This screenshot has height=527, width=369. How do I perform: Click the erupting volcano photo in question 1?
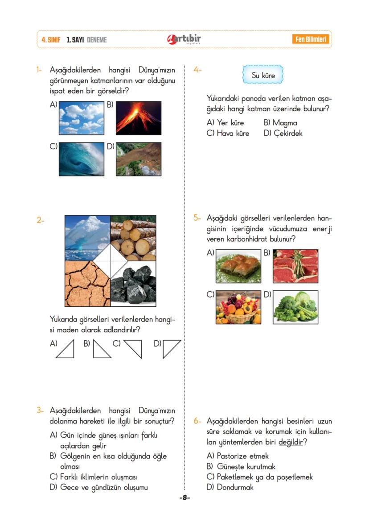tap(139, 118)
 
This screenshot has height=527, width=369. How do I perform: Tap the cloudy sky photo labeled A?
tap(82, 118)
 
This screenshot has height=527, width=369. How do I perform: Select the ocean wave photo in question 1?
tap(82, 159)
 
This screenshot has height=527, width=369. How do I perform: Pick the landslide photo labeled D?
tap(139, 159)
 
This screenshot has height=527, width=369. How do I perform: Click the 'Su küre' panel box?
tap(263, 75)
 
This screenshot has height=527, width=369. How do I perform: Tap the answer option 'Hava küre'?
tap(233, 133)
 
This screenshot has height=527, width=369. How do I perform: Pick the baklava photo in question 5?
tap(238, 266)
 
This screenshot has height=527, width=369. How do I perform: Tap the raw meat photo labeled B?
tap(295, 266)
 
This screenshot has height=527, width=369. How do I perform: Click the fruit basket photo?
tap(238, 307)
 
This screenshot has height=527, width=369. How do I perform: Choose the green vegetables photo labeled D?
tap(295, 307)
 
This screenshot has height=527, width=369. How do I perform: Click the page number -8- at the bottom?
tap(184, 498)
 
